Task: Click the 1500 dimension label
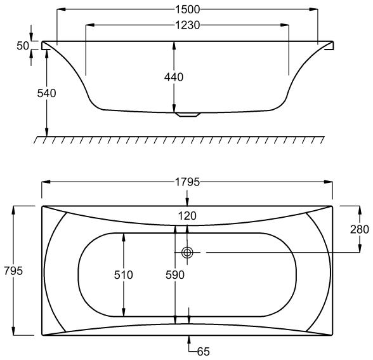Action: click(x=188, y=10)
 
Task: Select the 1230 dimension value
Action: click(x=188, y=25)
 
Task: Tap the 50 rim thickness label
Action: click(x=23, y=46)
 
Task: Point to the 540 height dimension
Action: click(x=47, y=93)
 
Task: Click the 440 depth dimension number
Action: click(x=174, y=77)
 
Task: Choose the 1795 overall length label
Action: click(x=188, y=182)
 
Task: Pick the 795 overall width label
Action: click(x=13, y=270)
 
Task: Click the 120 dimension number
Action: click(x=188, y=216)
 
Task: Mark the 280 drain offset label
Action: click(x=360, y=229)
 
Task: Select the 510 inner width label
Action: click(x=124, y=275)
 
